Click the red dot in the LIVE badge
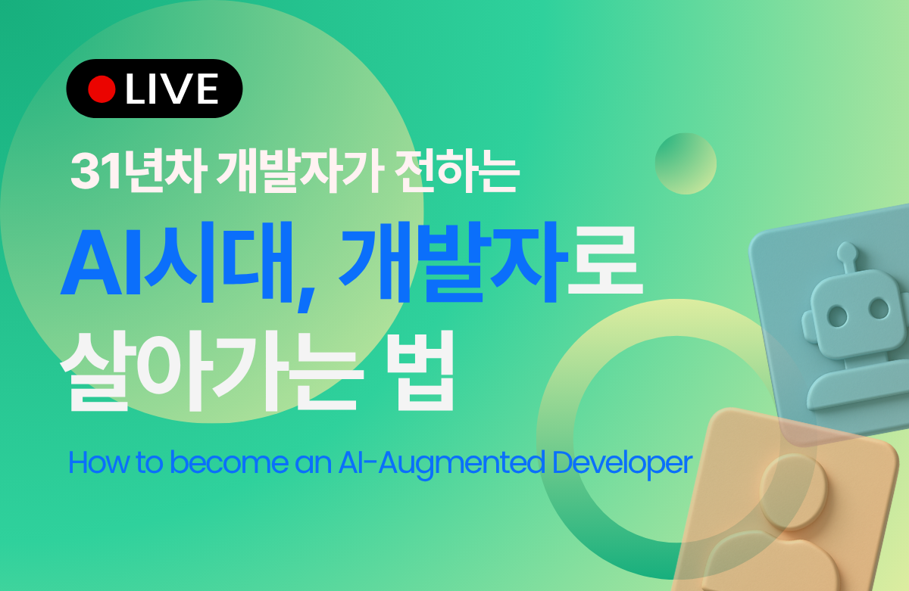point(102,89)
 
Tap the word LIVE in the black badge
point(172,89)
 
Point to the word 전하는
point(457,172)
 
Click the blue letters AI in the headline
point(100,263)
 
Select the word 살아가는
point(212,371)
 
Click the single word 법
point(420,371)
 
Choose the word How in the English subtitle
point(98,462)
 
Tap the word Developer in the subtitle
point(623,464)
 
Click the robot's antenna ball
point(848,251)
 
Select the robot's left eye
point(837,316)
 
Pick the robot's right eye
point(879,308)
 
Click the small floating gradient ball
point(686,163)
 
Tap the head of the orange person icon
point(793,491)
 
